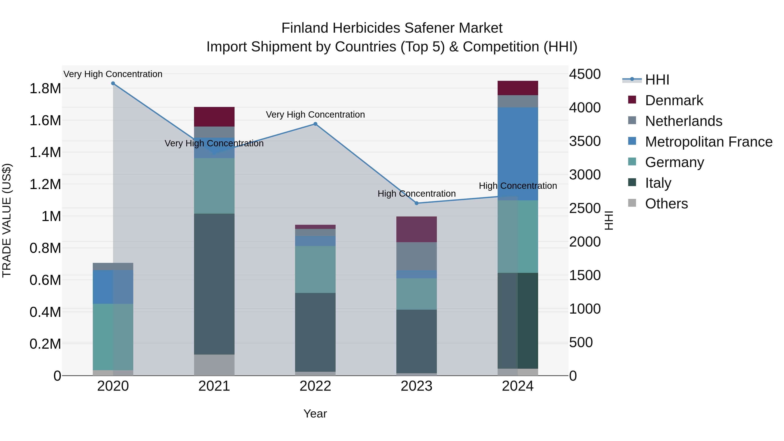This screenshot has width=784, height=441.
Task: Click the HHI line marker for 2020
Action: tap(113, 83)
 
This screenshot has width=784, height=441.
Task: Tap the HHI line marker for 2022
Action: tap(315, 124)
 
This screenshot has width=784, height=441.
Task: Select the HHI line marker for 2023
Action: tap(417, 203)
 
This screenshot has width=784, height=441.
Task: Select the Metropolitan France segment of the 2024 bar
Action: tap(518, 154)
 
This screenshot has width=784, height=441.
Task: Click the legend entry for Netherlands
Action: tap(684, 121)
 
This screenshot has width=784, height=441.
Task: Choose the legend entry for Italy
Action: tap(658, 183)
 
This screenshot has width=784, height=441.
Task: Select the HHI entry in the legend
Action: tap(657, 80)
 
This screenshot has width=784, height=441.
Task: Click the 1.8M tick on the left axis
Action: tap(45, 89)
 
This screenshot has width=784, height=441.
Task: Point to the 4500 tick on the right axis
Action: tap(585, 74)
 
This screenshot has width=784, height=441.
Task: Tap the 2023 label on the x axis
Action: tap(416, 386)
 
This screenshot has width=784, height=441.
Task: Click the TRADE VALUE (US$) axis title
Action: tap(7, 220)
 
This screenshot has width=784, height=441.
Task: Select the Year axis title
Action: tap(315, 414)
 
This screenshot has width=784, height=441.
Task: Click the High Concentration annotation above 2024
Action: tap(518, 186)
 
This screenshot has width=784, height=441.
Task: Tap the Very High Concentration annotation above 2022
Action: tap(315, 115)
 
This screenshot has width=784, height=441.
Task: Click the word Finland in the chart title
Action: tap(305, 28)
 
